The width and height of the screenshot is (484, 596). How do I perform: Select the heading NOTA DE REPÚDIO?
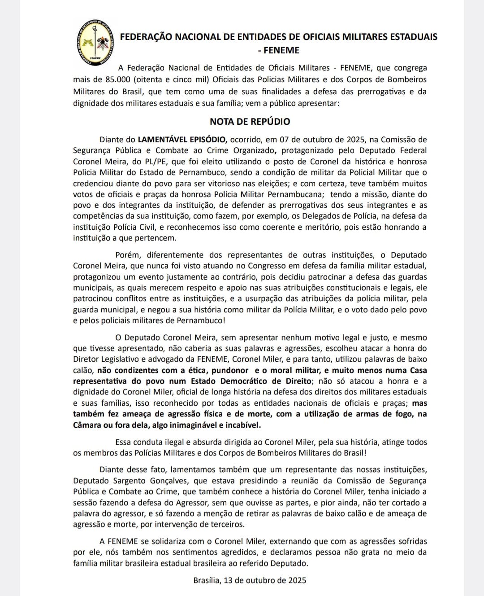click(250, 122)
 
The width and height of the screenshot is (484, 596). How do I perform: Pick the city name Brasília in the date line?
click(207, 580)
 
